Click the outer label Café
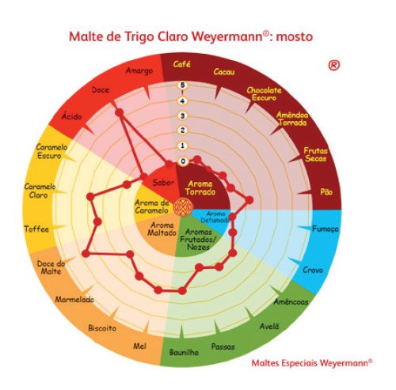tap(181, 64)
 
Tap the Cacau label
tap(224, 72)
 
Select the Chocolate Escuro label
tap(265, 94)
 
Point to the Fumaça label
tap(326, 229)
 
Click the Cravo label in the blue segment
tap(313, 270)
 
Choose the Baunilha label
tap(184, 352)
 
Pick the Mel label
tap(139, 346)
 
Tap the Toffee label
tap(36, 229)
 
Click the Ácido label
tap(72, 116)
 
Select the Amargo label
tap(139, 70)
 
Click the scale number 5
tap(182, 85)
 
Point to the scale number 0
tap(183, 161)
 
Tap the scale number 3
tap(182, 115)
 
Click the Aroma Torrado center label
tap(200, 187)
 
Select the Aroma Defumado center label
tap(215, 217)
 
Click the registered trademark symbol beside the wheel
tap(334, 65)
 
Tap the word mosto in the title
tap(295, 37)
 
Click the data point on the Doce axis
tap(120, 112)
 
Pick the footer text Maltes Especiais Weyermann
tap(312, 363)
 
